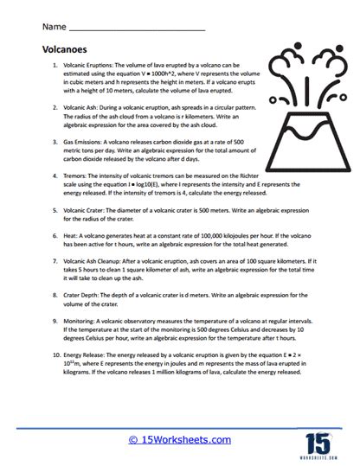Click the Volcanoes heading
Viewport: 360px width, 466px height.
pyautogui.click(x=65, y=50)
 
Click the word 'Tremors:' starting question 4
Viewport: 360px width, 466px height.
pyautogui.click(x=76, y=176)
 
